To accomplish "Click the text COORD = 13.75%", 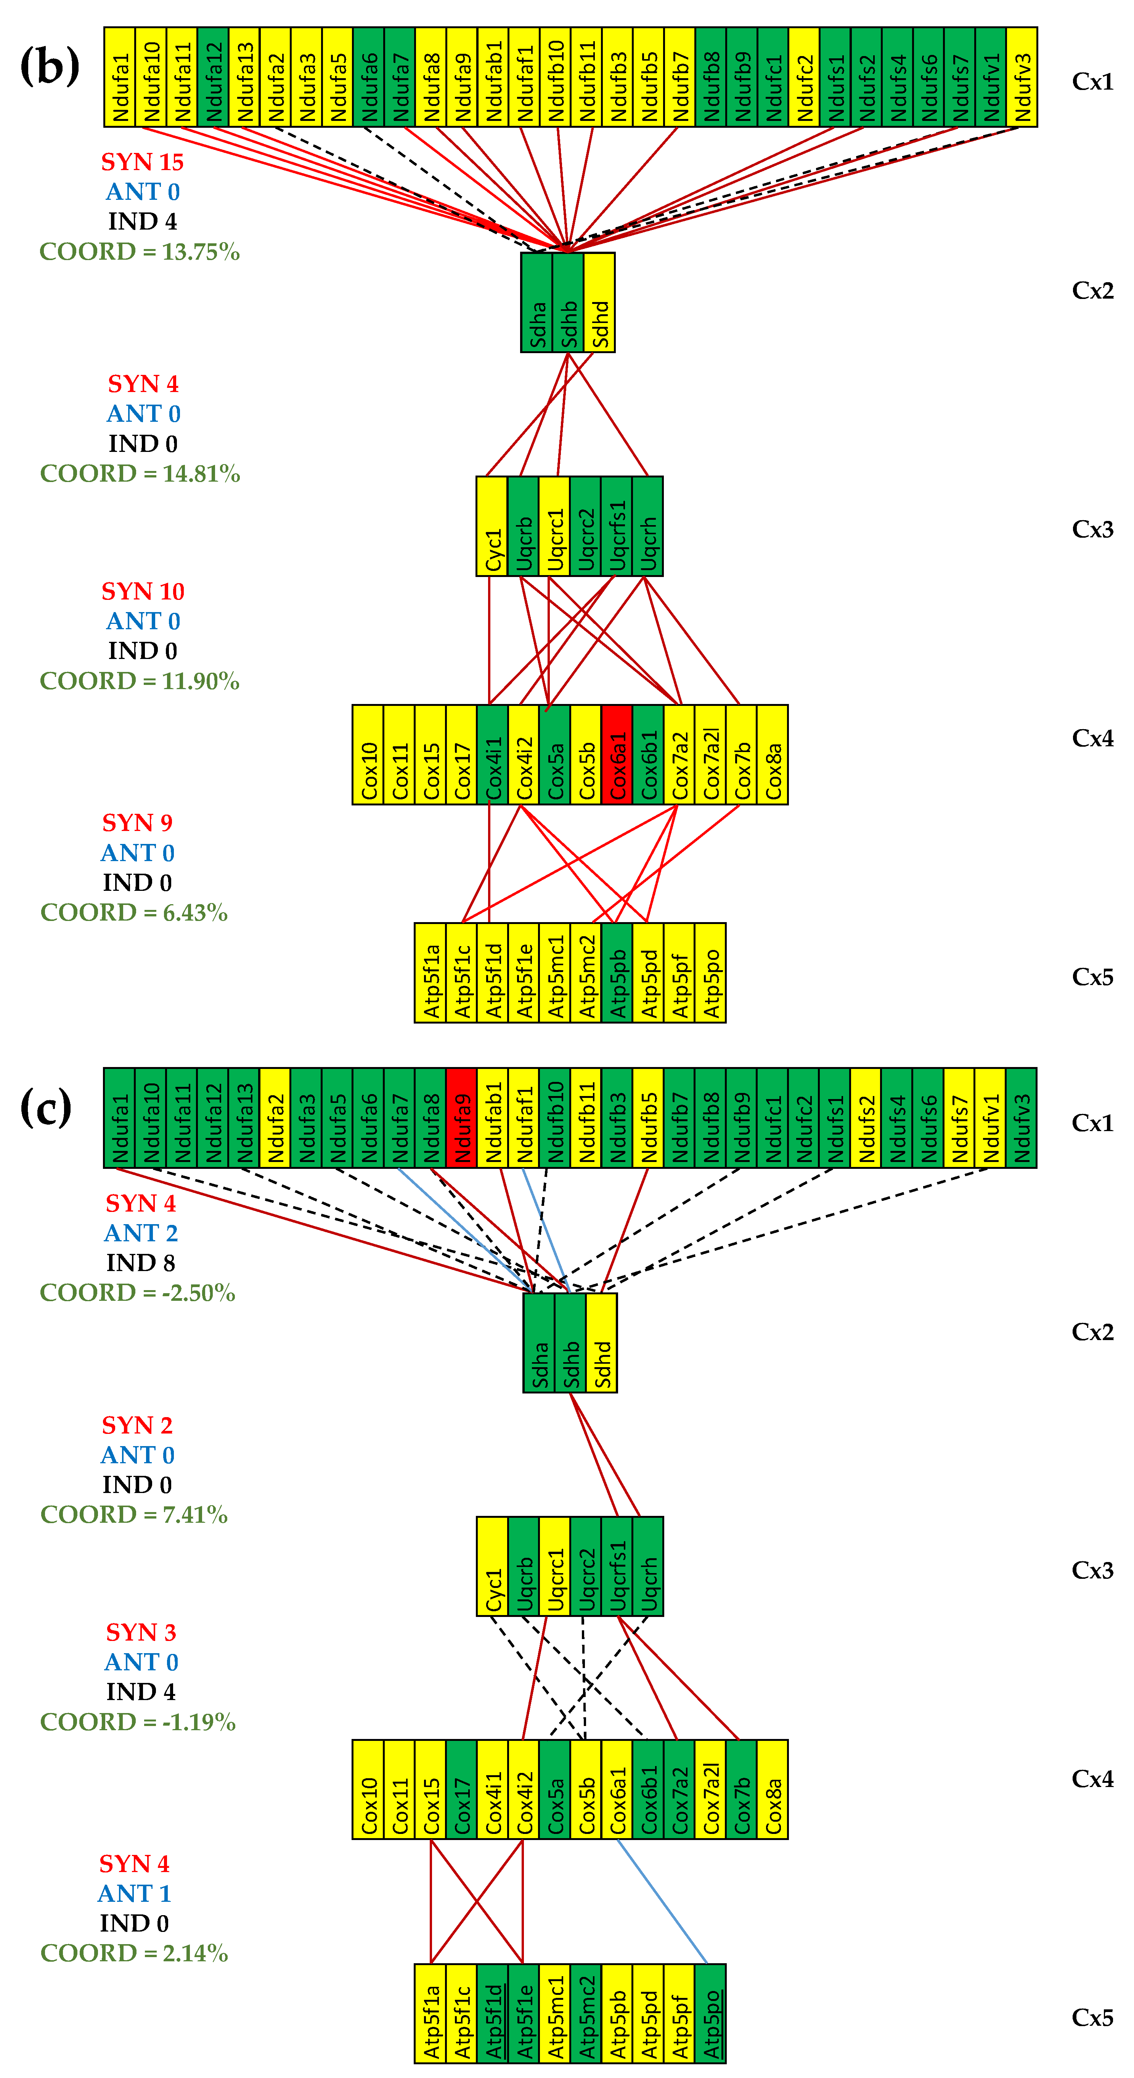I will tap(140, 252).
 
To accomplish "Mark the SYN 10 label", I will tap(143, 591).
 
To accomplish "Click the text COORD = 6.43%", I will tap(134, 912).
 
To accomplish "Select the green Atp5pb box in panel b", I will tap(617, 973).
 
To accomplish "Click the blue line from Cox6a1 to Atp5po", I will tap(661, 1901).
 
